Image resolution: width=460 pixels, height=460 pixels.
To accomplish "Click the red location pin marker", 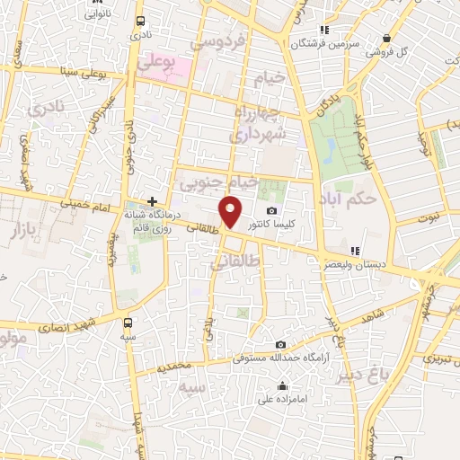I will (232, 212).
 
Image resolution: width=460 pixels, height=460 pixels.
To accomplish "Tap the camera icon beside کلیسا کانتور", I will (272, 210).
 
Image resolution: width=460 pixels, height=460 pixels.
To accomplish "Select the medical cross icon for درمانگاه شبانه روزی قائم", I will (153, 201).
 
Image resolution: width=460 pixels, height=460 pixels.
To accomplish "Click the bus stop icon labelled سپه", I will (128, 321).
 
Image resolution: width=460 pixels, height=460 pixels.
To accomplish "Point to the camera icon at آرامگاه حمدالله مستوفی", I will (280, 345).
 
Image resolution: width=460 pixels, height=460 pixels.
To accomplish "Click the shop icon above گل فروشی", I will (386, 39).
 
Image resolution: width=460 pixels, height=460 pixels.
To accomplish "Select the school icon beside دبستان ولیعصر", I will (355, 251).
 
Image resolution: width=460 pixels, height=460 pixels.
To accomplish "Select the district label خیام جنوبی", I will (218, 182).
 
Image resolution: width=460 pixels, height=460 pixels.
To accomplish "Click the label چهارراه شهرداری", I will (261, 123).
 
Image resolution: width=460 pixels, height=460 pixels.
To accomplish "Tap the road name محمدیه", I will (174, 367).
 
